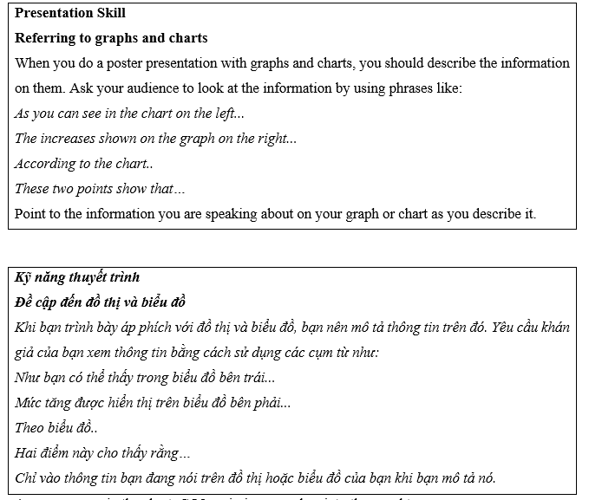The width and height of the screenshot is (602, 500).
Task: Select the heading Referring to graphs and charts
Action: coord(111,38)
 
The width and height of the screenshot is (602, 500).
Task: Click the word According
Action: coord(45,164)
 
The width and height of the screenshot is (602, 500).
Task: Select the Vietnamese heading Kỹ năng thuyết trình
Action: coord(78,277)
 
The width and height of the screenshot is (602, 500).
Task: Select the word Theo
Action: coord(30,428)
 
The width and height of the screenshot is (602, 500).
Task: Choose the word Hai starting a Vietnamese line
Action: coord(27,453)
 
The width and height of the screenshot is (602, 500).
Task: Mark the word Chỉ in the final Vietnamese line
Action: coord(26,478)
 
